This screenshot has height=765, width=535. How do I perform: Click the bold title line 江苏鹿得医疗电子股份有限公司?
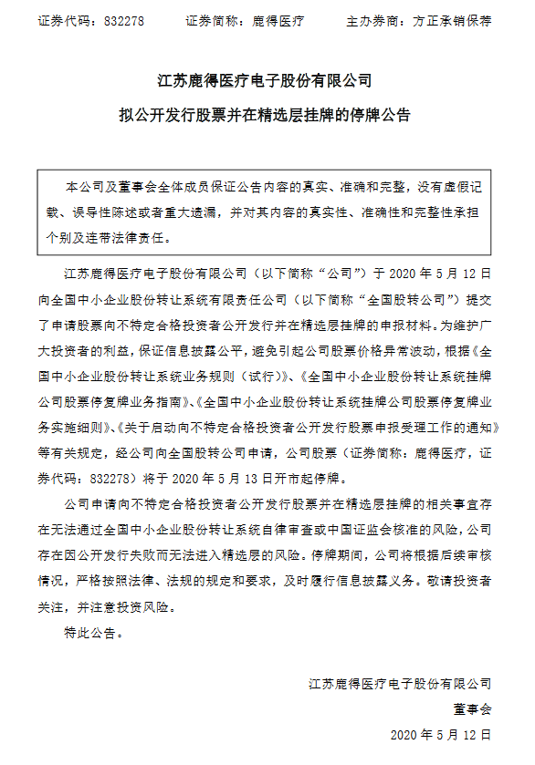[x=266, y=82]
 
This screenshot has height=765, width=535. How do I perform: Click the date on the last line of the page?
[x=440, y=734]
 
